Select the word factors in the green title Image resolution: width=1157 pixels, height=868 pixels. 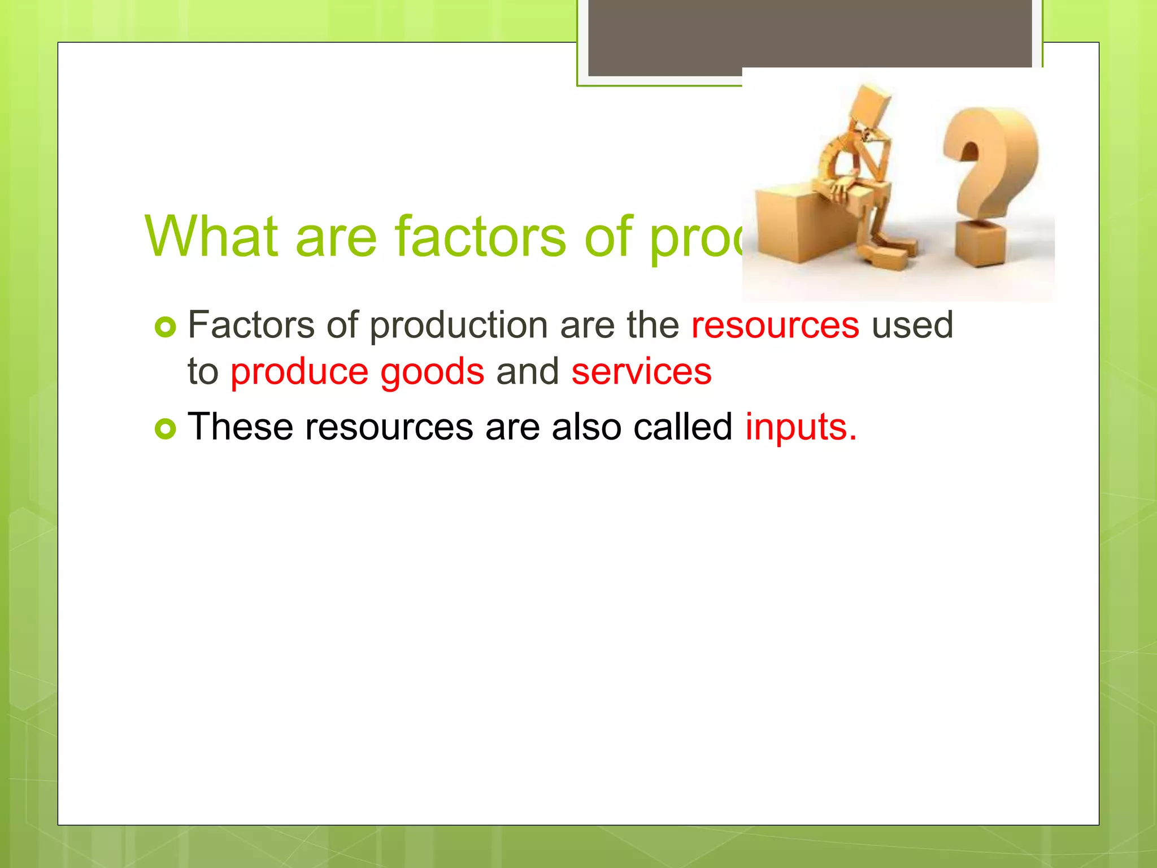click(x=480, y=236)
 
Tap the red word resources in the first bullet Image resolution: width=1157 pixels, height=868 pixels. click(x=775, y=325)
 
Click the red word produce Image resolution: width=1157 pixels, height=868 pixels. click(x=299, y=372)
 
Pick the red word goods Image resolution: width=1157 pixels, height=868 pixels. click(x=432, y=372)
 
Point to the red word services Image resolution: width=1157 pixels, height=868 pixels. click(x=641, y=372)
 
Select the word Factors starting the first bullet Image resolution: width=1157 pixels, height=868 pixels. click(x=251, y=325)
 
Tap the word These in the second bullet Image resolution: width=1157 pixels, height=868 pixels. click(x=240, y=427)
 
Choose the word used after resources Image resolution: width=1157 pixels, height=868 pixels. click(x=912, y=325)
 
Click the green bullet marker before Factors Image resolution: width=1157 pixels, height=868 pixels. click(x=166, y=327)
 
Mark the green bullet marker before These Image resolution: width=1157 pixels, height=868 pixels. click(x=166, y=429)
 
